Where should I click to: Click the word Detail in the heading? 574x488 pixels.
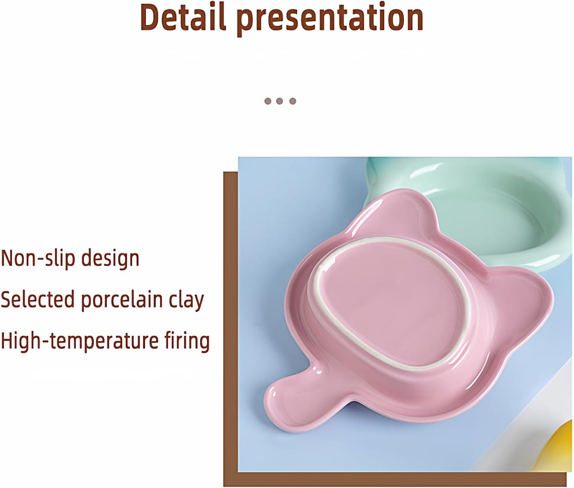[x=183, y=18]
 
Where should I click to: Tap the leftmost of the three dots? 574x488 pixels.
[x=268, y=101]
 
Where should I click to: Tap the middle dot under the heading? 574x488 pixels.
[x=280, y=101]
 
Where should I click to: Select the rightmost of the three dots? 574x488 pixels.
[x=293, y=101]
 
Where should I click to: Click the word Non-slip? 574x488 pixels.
[x=38, y=258]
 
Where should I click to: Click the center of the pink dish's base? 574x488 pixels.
[x=391, y=302]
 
